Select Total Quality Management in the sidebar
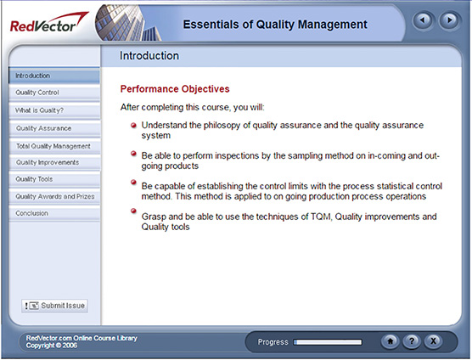click(53, 146)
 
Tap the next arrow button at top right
click(448, 20)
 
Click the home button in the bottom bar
click(390, 341)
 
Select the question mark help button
click(411, 341)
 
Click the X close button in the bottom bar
click(433, 341)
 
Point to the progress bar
click(327, 342)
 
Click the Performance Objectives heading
click(175, 88)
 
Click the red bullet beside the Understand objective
click(133, 125)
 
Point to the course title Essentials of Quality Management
click(276, 24)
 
